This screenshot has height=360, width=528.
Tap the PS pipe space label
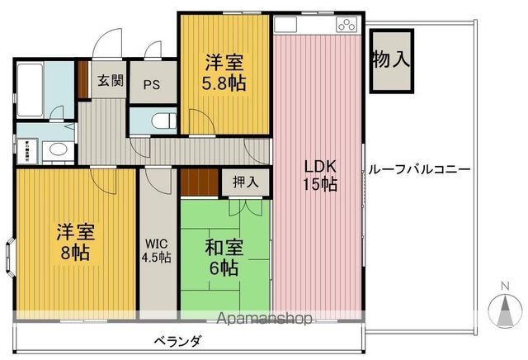[152, 84]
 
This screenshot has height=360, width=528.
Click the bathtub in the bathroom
[31, 88]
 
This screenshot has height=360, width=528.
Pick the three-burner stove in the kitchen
[347, 25]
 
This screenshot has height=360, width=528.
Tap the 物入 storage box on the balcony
[390, 60]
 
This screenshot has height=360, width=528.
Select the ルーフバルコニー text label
[418, 169]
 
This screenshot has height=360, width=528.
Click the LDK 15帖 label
[318, 174]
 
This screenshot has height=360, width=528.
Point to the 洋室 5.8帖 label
[225, 72]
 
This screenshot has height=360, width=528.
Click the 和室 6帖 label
[223, 256]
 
